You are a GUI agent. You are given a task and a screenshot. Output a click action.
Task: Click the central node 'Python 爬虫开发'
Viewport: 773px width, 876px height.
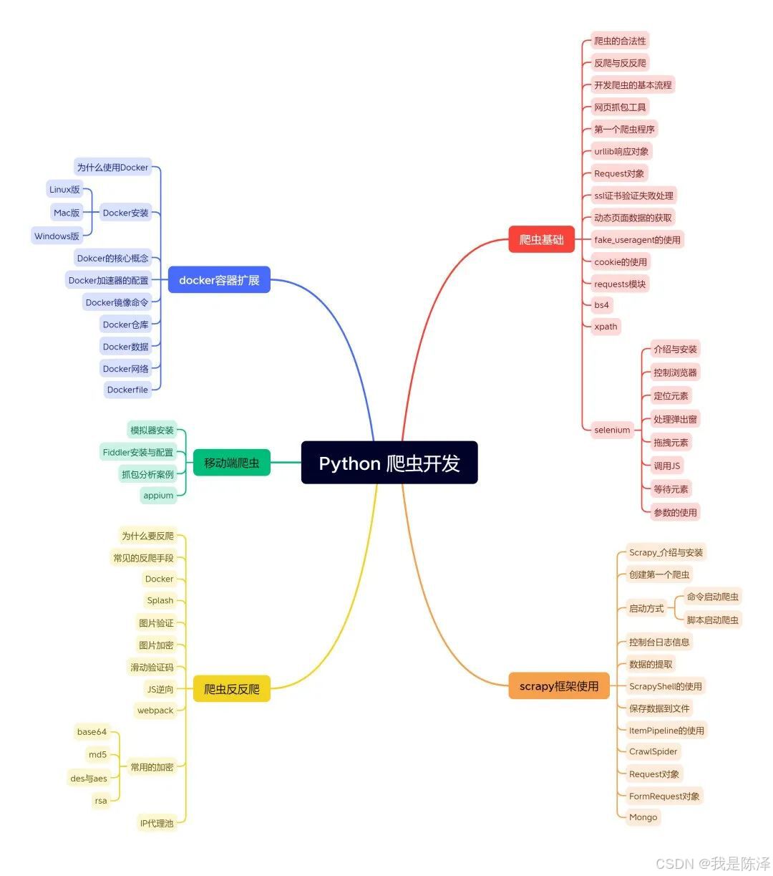pos(389,463)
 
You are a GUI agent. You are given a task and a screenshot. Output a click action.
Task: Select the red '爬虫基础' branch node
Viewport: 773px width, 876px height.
pos(542,240)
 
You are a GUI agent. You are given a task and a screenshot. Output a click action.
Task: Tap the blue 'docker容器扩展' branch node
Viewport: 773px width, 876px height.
pos(219,280)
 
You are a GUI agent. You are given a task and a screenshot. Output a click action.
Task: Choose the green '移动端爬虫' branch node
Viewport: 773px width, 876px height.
pos(232,463)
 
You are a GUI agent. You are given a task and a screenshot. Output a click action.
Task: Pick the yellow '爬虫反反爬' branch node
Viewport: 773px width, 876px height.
pos(232,689)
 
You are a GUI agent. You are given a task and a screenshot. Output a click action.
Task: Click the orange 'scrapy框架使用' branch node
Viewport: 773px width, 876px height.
pos(559,686)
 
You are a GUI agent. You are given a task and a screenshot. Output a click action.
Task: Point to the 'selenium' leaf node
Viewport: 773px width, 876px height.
pos(612,430)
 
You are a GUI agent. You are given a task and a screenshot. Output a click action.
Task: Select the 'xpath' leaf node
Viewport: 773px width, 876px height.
pos(606,327)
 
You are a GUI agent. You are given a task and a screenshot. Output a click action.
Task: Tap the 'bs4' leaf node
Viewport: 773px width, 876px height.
pos(601,305)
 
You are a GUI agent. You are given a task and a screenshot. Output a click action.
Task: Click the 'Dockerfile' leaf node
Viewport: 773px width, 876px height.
pos(127,390)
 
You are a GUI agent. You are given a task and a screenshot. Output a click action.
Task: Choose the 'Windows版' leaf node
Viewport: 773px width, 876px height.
pos(57,236)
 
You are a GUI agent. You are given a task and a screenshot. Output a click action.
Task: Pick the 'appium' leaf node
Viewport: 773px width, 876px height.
pos(158,495)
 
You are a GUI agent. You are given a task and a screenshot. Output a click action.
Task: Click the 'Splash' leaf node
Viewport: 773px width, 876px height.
pos(160,600)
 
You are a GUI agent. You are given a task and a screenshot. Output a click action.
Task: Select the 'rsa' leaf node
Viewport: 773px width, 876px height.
pos(101,801)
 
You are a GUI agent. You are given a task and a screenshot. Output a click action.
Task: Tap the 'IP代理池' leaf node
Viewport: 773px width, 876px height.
pos(157,823)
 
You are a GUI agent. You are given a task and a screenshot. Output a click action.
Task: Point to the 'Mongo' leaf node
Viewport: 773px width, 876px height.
pos(643,817)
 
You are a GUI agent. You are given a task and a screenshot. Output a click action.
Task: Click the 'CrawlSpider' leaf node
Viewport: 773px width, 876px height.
pos(653,751)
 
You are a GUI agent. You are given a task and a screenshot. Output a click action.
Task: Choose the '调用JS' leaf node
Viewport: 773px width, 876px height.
pos(666,466)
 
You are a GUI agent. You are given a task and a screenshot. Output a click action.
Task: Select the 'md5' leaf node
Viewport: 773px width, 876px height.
pos(97,754)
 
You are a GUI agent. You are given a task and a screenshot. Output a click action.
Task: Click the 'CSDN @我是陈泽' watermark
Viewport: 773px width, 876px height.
pos(712,863)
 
